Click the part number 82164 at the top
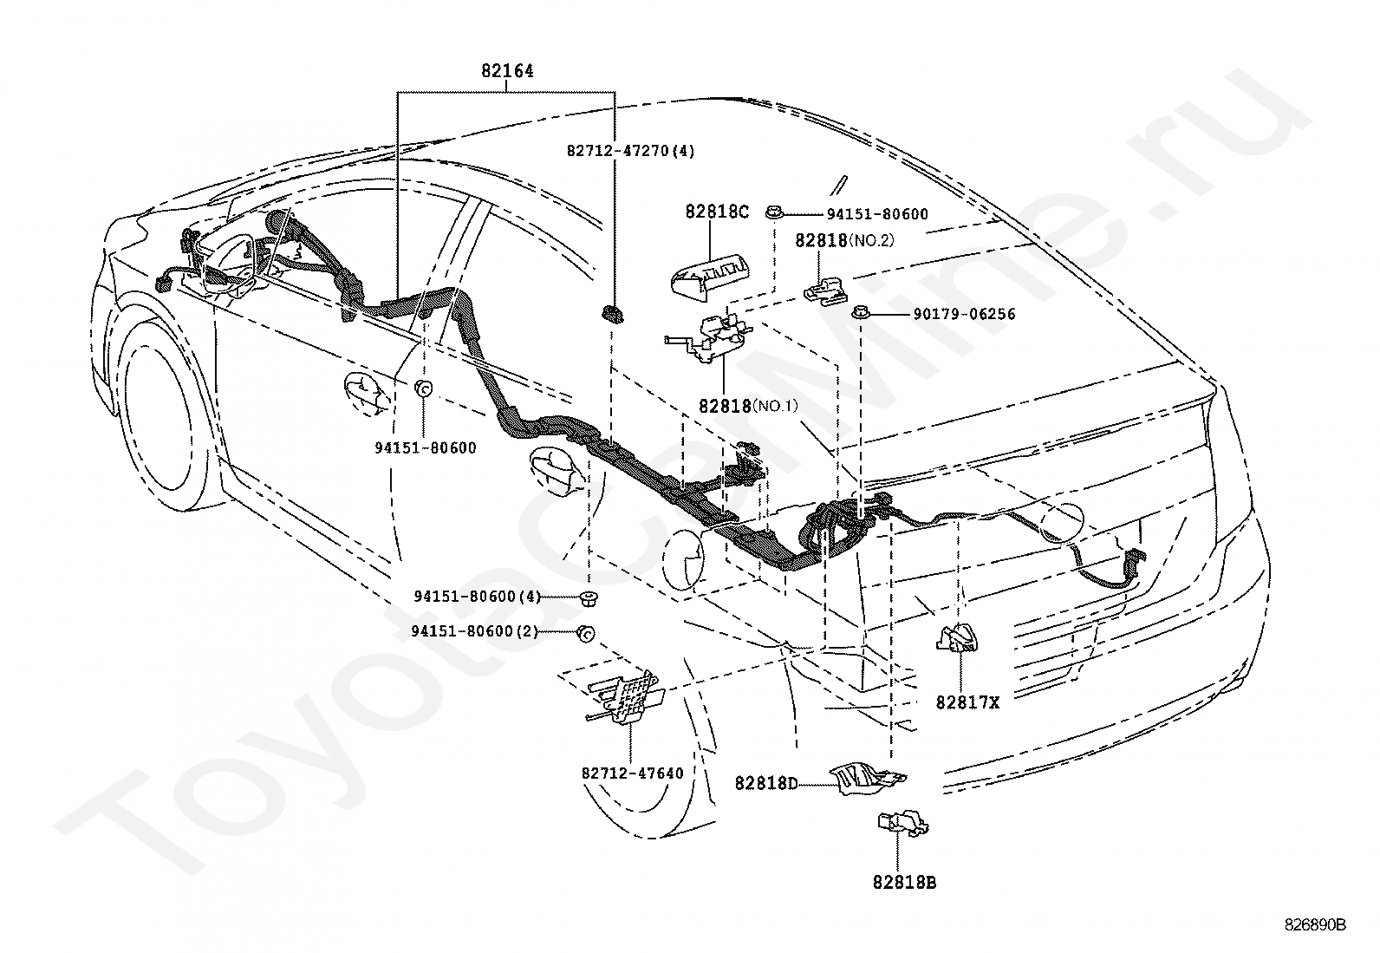507,71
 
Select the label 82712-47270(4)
630,151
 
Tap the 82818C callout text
717,212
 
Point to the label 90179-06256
964,314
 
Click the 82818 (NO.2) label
844,240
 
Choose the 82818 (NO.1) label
748,406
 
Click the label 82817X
967,702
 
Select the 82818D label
765,784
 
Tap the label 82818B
904,883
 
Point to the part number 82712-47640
632,773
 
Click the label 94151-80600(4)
478,596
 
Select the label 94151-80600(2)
474,631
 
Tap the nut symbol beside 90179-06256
859,314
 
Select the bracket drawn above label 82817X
956,638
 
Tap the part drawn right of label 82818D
867,780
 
